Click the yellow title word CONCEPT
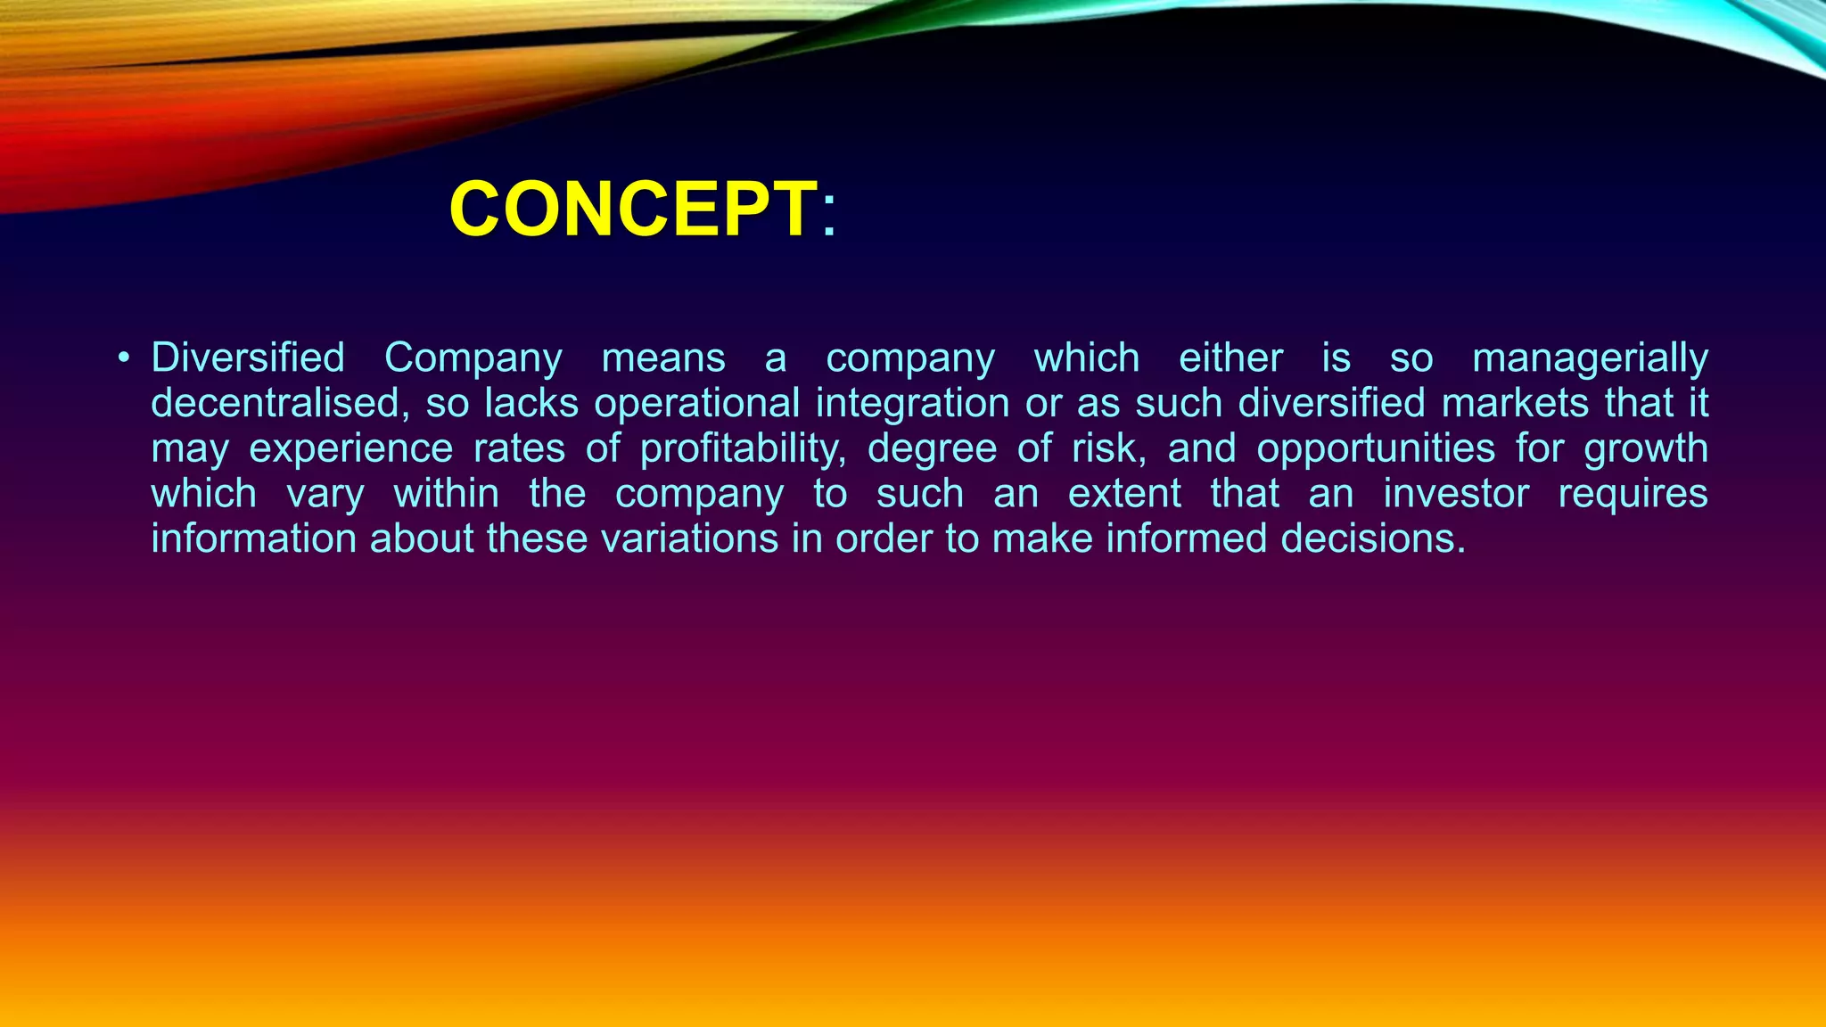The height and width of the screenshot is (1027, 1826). [x=633, y=210]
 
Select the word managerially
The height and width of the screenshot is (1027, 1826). [x=1590, y=358]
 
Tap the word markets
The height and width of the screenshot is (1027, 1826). [x=1515, y=403]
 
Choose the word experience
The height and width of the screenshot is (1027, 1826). [x=350, y=448]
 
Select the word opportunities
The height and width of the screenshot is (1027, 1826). [x=1376, y=448]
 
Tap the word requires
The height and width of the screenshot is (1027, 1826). [x=1633, y=494]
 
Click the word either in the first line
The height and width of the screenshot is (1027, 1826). [x=1230, y=358]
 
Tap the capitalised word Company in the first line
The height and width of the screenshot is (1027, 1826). [x=473, y=358]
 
